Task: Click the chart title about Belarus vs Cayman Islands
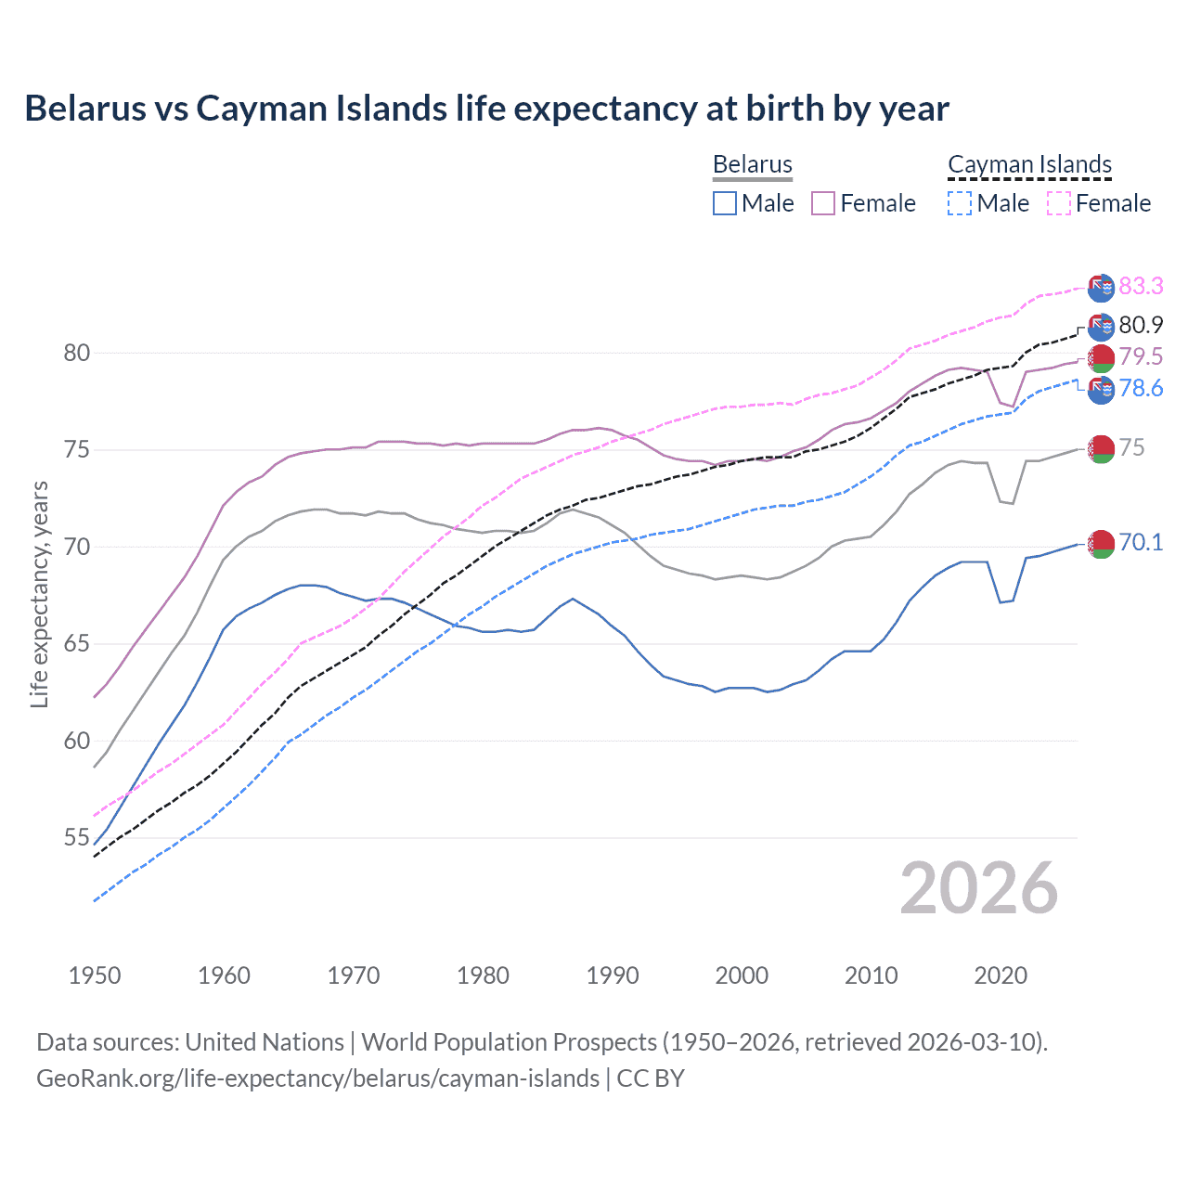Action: coord(486,109)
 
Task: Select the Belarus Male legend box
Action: coord(725,203)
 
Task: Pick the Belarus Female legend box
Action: coord(823,203)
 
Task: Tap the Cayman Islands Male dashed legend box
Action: coord(960,203)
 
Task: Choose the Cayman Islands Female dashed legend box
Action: coord(1059,203)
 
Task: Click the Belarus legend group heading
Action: coord(752,164)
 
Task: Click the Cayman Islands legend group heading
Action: coord(1029,164)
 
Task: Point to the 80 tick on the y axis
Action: coord(77,353)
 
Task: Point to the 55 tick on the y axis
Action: coord(77,838)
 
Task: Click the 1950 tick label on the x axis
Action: coord(95,975)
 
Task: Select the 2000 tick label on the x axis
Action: coord(742,975)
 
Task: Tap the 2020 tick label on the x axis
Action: coord(1001,975)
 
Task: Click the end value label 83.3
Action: coord(1141,286)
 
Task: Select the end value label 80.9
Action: coord(1141,325)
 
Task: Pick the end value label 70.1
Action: coord(1141,542)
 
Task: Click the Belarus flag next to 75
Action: coord(1101,449)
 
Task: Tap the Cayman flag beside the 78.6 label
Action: coord(1101,390)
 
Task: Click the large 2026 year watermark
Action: coord(978,888)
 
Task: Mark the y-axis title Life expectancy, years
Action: coord(39,594)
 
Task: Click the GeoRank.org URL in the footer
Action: coord(317,1078)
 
